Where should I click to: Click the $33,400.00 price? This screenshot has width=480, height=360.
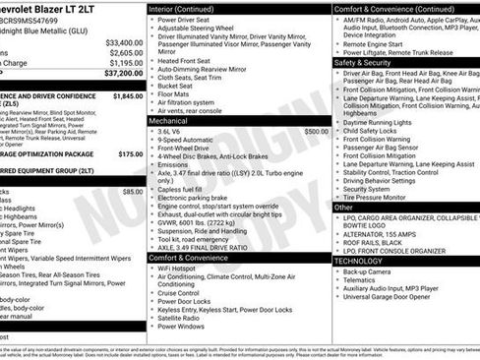click(124, 43)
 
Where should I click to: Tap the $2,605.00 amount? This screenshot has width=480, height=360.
click(126, 53)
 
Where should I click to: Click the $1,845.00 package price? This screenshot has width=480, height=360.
click(128, 96)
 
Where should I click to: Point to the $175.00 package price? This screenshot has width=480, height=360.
click(131, 153)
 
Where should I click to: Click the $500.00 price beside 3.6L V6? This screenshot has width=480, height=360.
click(316, 131)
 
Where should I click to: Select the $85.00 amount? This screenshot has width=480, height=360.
click(132, 191)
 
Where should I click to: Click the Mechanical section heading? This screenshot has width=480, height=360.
click(175, 118)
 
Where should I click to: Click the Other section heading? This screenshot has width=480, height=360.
click(343, 208)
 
